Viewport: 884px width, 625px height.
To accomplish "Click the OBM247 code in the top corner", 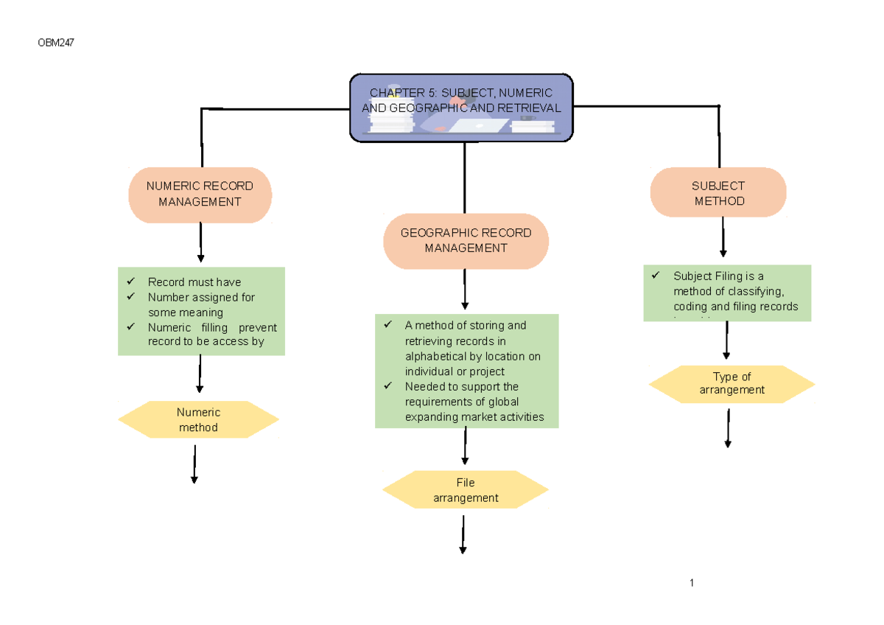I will coord(56,43).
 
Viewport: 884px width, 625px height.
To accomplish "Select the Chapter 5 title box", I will coord(461,108).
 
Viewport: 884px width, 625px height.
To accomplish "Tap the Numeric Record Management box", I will coord(200,194).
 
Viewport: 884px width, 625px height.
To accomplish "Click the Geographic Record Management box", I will coord(466,240).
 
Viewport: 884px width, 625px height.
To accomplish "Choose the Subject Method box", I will coord(718,193).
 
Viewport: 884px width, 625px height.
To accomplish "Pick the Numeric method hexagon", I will coord(198,419).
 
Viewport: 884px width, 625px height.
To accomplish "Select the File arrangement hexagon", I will coord(465,490).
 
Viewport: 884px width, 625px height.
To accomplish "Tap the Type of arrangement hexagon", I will coord(732,383).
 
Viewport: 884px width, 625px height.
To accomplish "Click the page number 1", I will coord(692,583).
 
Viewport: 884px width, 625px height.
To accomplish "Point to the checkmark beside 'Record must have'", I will coord(130,282).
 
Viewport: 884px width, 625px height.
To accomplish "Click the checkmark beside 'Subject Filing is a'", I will coord(655,276).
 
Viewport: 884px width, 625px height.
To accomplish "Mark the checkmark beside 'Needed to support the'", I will coord(387,386).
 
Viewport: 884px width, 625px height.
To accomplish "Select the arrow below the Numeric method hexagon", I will coord(194,464).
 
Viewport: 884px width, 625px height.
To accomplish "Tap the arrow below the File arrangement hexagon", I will coord(463,534).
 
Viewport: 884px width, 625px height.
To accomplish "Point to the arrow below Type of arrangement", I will coord(728,428).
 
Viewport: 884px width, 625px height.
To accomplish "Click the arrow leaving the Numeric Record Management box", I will coord(200,242).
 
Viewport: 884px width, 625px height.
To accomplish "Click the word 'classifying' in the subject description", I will coord(755,291).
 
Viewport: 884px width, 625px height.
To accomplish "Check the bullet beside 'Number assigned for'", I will coord(130,297).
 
